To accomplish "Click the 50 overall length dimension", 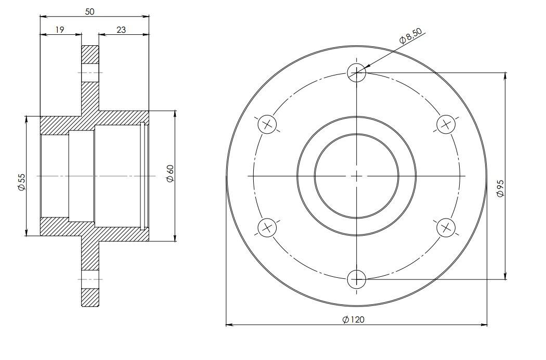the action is [89, 11].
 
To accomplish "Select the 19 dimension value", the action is [60, 30].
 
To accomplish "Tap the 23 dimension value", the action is [121, 30].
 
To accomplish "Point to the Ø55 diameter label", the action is [21, 182].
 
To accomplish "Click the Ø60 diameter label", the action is [170, 173].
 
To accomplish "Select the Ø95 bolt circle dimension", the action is [501, 188].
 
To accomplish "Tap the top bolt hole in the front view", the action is [357, 73].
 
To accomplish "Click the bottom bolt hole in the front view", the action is [357, 279].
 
